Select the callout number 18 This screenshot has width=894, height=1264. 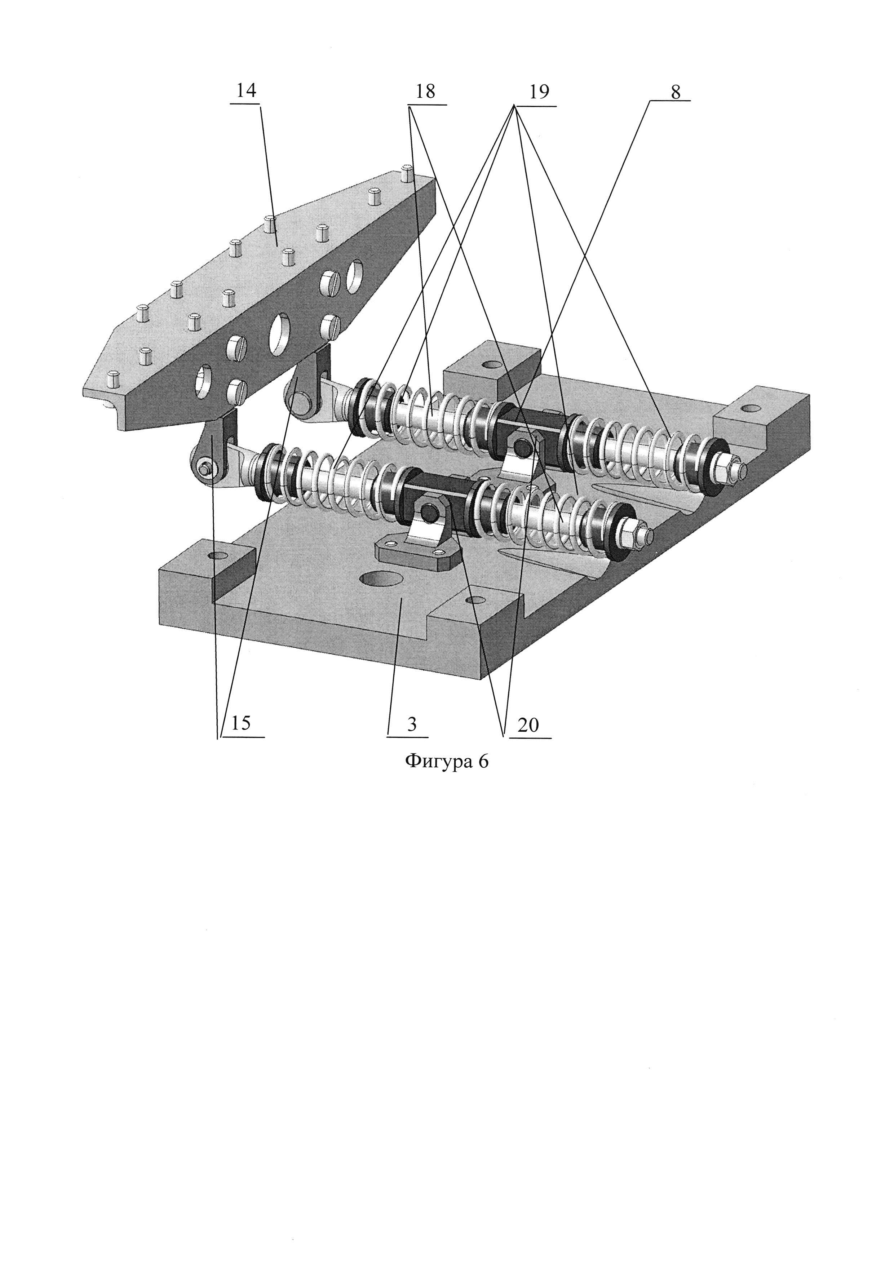pos(425,92)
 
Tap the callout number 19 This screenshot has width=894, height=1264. pos(539,92)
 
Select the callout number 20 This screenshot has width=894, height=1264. pos(528,725)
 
